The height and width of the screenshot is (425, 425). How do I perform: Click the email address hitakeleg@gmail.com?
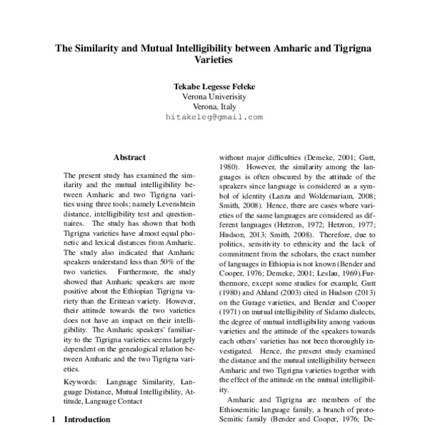coord(214,117)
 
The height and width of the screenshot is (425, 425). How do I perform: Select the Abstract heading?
coord(129,157)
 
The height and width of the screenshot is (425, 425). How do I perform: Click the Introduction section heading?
coord(87,419)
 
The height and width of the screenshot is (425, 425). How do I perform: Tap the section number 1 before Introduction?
coord(55,419)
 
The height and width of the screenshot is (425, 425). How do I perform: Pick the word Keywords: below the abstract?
coord(80,382)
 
